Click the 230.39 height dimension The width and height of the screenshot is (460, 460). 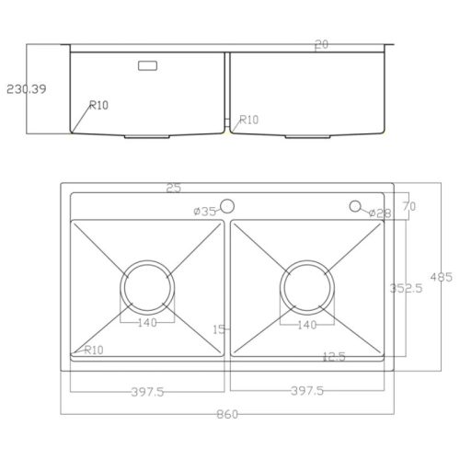click(27, 89)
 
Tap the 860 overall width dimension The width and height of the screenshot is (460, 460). click(227, 415)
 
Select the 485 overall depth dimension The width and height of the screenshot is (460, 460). click(441, 277)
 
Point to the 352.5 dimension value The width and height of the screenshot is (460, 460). click(406, 288)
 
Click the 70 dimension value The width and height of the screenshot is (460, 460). click(409, 206)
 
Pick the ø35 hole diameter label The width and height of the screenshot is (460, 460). click(205, 212)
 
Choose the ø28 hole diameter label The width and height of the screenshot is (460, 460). click(380, 213)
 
